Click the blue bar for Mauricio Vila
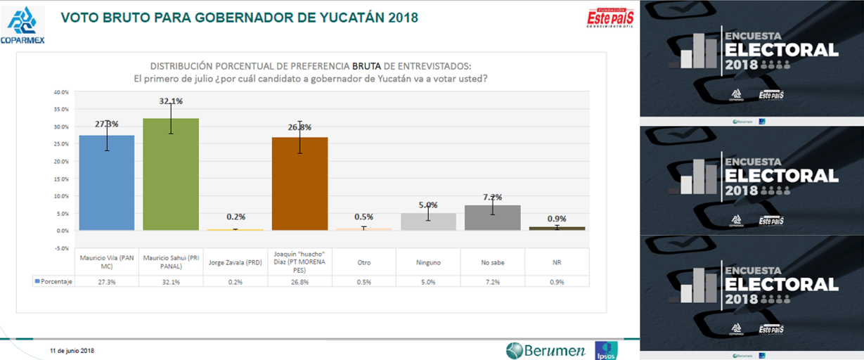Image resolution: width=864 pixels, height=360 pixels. coord(106,183)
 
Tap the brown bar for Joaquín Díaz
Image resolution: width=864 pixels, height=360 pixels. coord(299,184)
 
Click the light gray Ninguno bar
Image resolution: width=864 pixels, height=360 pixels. coord(428,221)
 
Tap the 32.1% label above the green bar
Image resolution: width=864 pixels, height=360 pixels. coord(171,101)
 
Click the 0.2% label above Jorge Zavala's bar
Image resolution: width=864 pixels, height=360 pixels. coord(236,217)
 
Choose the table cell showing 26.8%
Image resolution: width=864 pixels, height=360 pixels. coord(299,281)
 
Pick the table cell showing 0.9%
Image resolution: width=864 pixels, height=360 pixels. coord(557,281)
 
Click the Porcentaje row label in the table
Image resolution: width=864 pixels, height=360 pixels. coord(53,281)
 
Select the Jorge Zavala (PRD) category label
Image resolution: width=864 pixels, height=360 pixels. coord(236,262)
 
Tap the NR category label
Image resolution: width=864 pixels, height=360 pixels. coord(557,262)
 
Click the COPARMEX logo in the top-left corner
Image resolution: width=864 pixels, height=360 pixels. coord(22,25)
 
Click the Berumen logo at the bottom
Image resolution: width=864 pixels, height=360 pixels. coord(545,349)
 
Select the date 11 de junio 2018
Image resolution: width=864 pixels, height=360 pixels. coord(72,350)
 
